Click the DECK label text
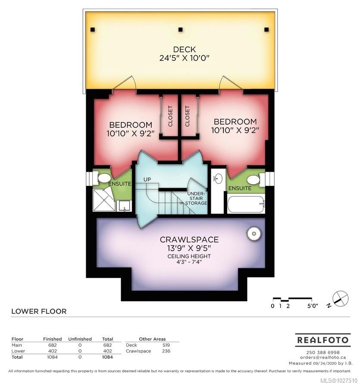(184, 50)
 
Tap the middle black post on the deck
(180, 30)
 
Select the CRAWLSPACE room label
(189, 239)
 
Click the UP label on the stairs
(147, 179)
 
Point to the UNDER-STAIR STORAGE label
(196, 198)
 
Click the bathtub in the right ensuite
(246, 204)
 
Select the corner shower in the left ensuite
(104, 199)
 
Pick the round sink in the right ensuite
(218, 179)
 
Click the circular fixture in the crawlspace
(254, 233)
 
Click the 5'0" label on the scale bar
(313, 305)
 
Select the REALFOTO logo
(323, 340)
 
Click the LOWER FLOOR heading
(39, 312)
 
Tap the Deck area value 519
(166, 345)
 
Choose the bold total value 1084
(107, 357)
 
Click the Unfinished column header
(80, 339)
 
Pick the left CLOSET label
(170, 116)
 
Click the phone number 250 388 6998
(323, 353)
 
